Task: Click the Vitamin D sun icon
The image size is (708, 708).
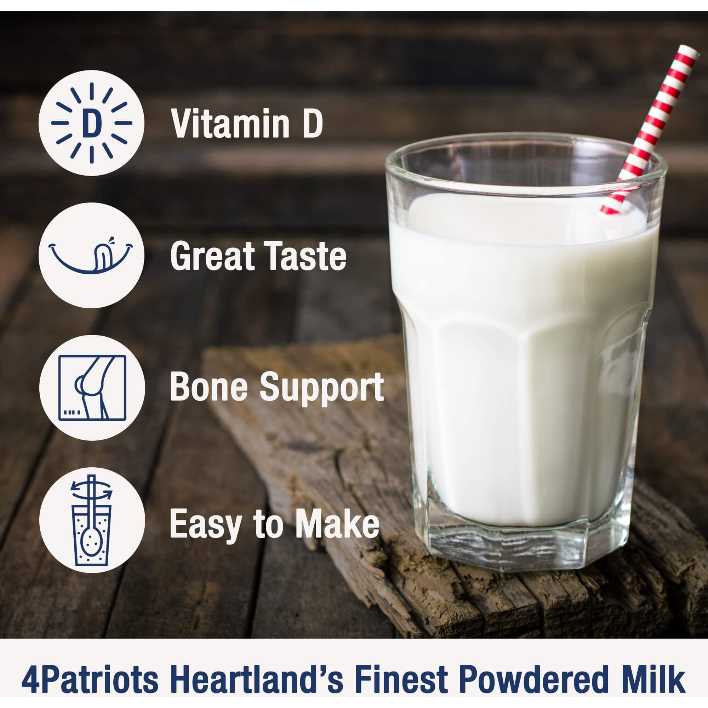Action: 91,123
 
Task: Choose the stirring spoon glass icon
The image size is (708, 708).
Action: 91,520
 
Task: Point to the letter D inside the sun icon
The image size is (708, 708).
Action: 92,123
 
